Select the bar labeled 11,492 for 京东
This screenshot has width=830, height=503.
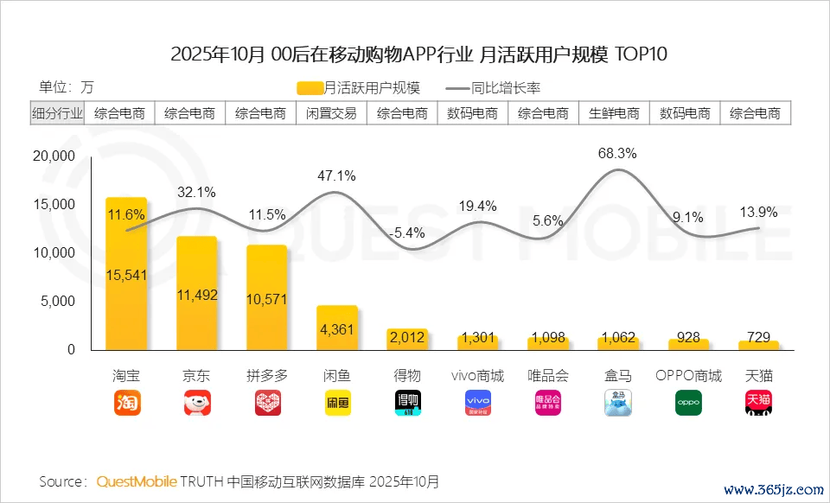pos(196,293)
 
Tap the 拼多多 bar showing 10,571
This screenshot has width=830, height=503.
pos(266,297)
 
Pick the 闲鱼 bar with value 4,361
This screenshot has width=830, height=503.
pos(336,328)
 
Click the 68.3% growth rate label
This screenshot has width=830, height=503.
pos(617,154)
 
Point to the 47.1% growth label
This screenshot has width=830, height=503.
pos(335,175)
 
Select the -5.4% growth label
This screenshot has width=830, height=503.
pos(406,232)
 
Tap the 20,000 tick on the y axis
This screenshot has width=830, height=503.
pos(53,156)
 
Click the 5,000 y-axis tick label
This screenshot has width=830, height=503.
pos(59,302)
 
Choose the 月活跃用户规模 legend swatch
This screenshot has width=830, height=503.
pos(309,88)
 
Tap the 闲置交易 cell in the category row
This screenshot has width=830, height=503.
pos(331,113)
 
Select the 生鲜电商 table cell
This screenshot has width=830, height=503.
pos(614,113)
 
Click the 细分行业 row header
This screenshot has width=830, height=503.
pos(58,113)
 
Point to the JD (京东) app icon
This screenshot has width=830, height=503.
pos(196,403)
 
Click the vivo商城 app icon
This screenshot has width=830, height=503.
pos(477,403)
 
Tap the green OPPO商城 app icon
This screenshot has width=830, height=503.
pos(688,403)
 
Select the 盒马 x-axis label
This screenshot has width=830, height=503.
pos(617,377)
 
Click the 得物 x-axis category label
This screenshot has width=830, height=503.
pos(406,377)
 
